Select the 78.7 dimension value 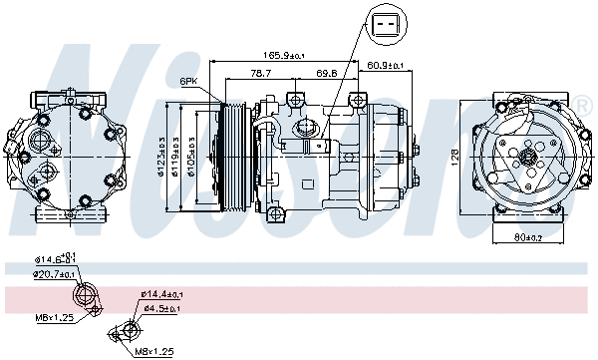click(262, 73)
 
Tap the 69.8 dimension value click(325, 73)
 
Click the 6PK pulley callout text click(189, 80)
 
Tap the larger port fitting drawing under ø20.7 click(88, 296)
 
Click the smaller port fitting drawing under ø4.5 click(129, 329)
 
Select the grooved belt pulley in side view click(234, 156)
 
